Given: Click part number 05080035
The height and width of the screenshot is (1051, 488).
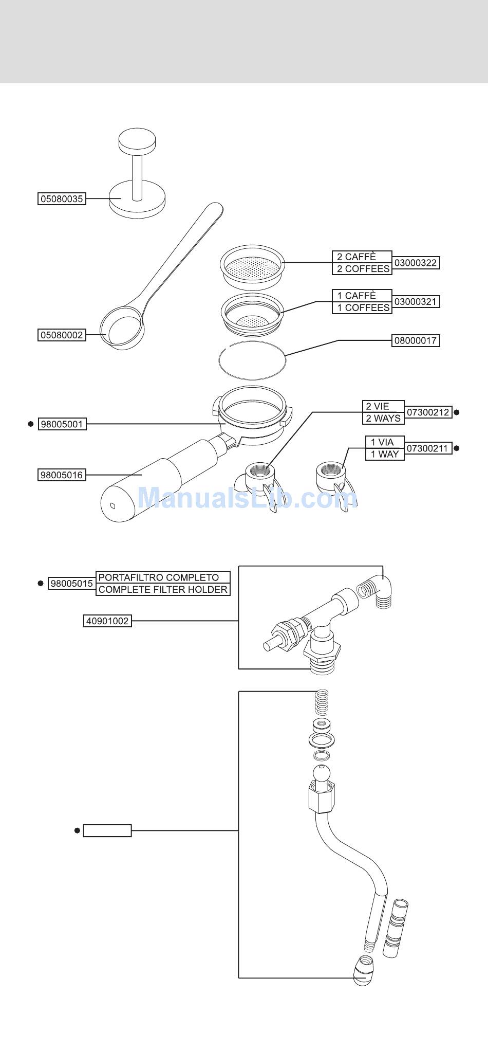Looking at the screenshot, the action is click(62, 199).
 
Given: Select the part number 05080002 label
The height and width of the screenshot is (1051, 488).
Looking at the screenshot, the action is click(62, 335).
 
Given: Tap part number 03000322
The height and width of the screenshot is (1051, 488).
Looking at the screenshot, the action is click(416, 263).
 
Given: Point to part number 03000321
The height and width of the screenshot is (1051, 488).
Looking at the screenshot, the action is click(416, 302).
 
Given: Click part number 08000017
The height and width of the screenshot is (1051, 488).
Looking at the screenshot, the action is click(416, 340).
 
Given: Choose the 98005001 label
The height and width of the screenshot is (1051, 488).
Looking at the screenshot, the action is click(62, 424).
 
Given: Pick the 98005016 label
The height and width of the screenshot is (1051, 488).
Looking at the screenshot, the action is click(62, 475).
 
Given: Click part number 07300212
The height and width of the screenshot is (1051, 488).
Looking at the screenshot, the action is click(428, 412).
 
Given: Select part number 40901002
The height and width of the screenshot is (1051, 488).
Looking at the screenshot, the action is click(107, 621).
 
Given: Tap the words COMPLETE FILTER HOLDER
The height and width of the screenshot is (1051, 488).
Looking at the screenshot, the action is click(163, 590).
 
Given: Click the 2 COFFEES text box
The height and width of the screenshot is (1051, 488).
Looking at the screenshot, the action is click(362, 269).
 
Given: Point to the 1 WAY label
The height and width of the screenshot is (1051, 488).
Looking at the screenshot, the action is click(385, 455).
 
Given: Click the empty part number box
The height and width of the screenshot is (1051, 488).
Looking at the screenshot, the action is click(107, 830).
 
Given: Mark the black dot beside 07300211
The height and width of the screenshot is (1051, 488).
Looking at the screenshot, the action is click(457, 448).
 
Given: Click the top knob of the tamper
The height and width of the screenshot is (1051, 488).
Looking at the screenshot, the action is click(137, 140).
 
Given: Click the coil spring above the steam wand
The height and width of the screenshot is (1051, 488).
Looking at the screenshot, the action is click(322, 702).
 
